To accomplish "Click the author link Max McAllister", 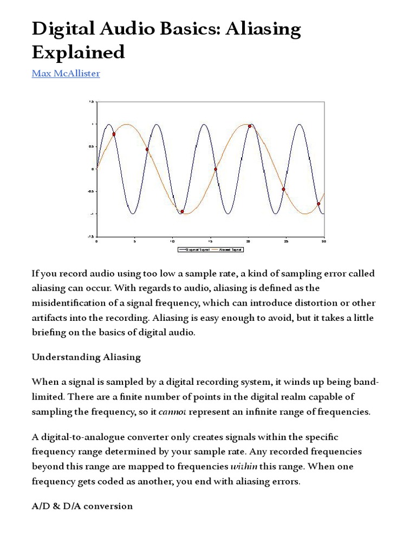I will (66, 73).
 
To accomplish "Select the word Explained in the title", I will (78, 53).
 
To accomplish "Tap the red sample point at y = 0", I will (216, 169).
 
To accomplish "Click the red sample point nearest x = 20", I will (250, 126).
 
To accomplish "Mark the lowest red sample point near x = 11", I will (182, 211).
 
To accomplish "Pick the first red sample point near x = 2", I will (114, 134).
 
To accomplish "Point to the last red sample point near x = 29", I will (318, 204).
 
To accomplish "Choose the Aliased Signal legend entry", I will (230, 250).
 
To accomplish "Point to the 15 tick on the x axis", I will (210, 241).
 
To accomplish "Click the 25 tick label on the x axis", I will (286, 241).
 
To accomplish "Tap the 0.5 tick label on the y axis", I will (92, 146).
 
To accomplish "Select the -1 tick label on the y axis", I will (93, 214).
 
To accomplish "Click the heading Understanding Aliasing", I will (86, 357).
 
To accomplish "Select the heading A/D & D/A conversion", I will (82, 506).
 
